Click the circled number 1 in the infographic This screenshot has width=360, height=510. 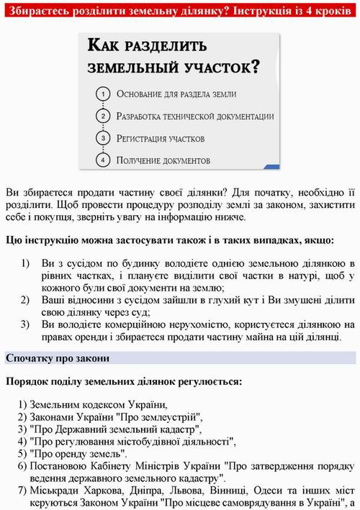[104, 94]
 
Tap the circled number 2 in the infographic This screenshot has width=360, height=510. [104, 116]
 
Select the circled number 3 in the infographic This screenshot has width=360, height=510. [104, 137]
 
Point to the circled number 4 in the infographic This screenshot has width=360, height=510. [104, 159]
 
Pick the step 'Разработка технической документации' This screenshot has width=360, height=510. [194, 117]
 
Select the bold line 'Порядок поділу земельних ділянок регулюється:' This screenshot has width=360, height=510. [123, 381]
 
